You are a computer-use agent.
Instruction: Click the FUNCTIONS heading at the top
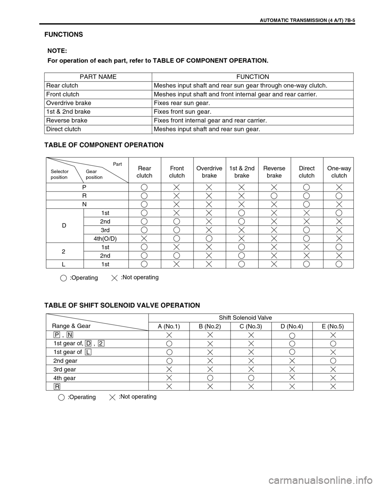coord(63,34)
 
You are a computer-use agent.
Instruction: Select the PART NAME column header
coord(98,77)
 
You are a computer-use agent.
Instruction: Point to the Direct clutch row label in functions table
coord(64,129)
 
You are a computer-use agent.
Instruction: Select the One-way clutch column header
coord(339,172)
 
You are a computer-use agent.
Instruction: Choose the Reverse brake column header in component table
coord(274,172)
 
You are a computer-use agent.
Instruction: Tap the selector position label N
coord(84,204)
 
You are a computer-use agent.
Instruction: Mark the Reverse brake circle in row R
coord(274,196)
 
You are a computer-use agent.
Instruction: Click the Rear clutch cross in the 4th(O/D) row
coord(144,239)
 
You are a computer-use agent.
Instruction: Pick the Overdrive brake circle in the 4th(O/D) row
coord(209,239)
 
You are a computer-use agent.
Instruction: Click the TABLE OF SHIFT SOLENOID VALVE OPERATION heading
coord(122,305)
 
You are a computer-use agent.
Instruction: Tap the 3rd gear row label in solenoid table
coord(64,369)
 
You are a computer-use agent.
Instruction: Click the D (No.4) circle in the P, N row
coord(292,335)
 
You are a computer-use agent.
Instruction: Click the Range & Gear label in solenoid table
coord(71,326)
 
